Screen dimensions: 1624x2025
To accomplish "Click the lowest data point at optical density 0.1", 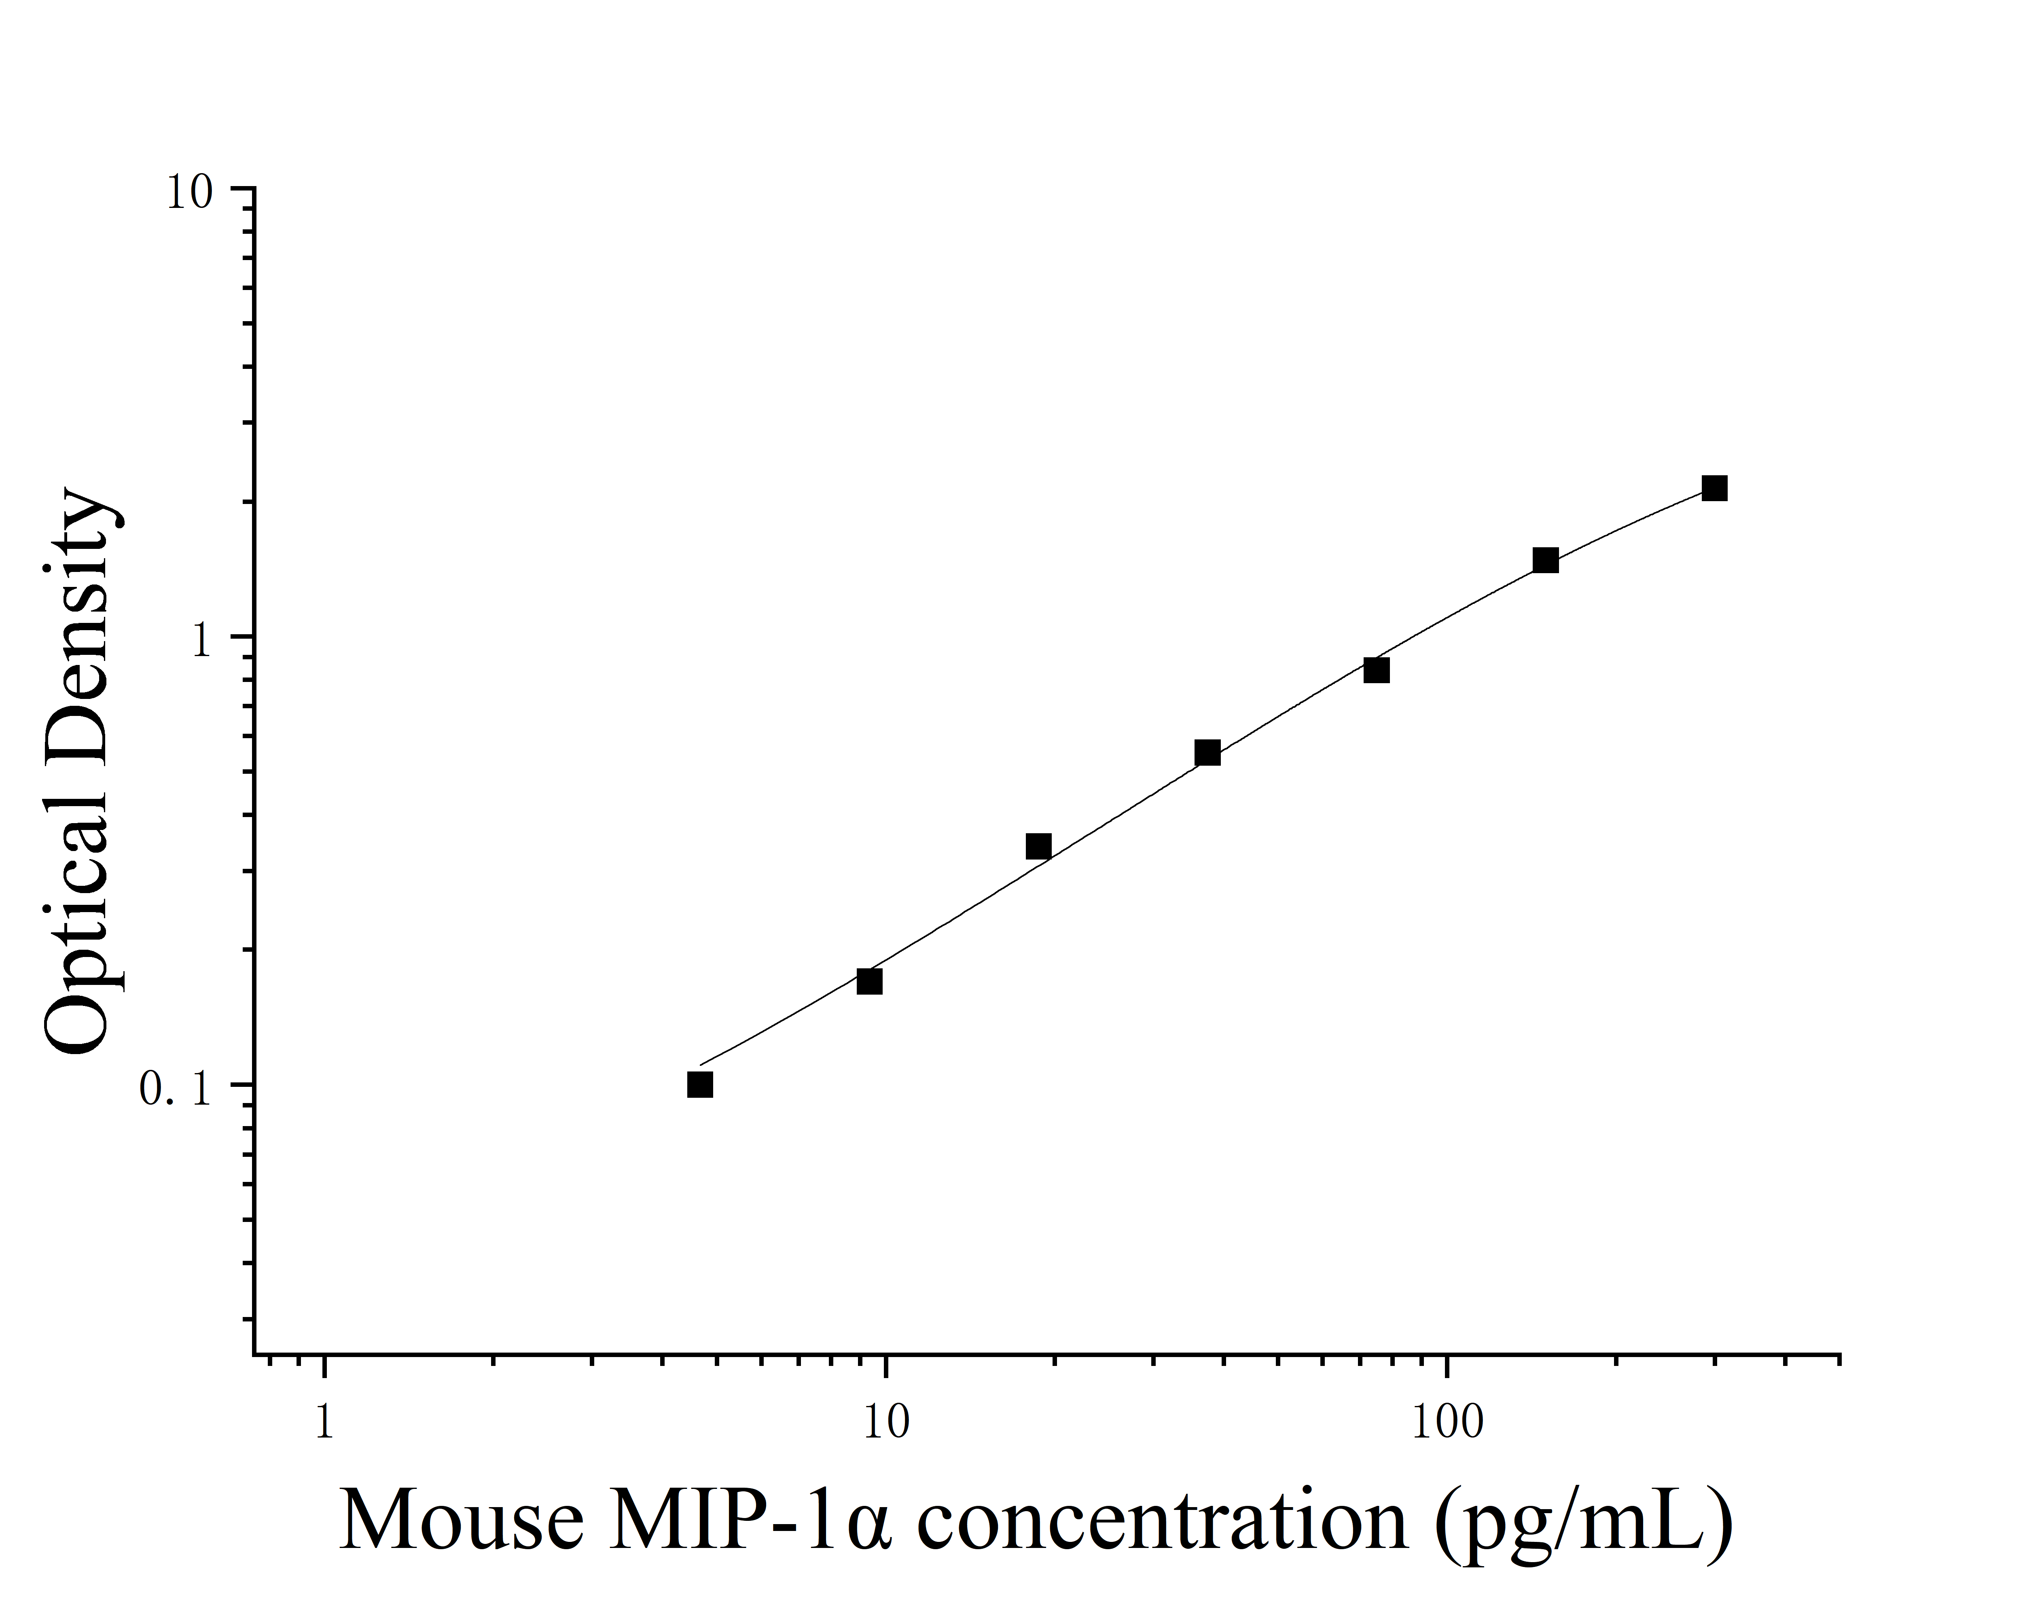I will tap(700, 1085).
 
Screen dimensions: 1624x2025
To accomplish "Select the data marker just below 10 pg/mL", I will tap(870, 982).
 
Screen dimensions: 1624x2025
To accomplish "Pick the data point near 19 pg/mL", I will tap(1039, 846).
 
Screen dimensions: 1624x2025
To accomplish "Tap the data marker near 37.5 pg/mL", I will tap(1208, 752).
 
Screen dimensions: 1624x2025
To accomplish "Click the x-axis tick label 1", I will tap(324, 1422).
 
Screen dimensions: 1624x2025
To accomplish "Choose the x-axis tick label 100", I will tap(1447, 1422).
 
